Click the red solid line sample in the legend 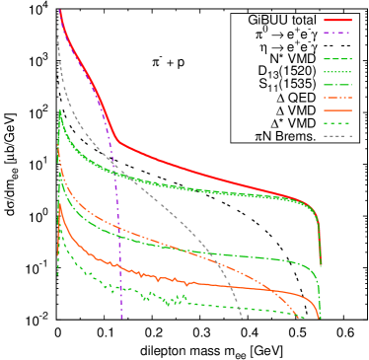(x=337, y=20)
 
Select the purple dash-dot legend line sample (x=337, y=33)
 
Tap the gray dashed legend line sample (x=337, y=135)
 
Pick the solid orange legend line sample (x=337, y=109)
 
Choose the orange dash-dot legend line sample (x=337, y=97)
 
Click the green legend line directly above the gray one (x=337, y=122)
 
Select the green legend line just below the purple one (x=337, y=58)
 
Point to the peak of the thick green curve (x=60, y=111)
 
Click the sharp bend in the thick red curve (x=117, y=141)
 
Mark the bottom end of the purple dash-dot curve (x=121, y=317)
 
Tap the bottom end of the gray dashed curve (x=242, y=318)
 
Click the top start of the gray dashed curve (x=58, y=37)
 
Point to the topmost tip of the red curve (x=60, y=11)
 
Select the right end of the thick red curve (x=320, y=264)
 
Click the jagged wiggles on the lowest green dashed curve (x=158, y=297)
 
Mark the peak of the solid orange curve (x=60, y=203)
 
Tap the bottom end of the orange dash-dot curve (x=299, y=318)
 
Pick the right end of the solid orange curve (x=319, y=317)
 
